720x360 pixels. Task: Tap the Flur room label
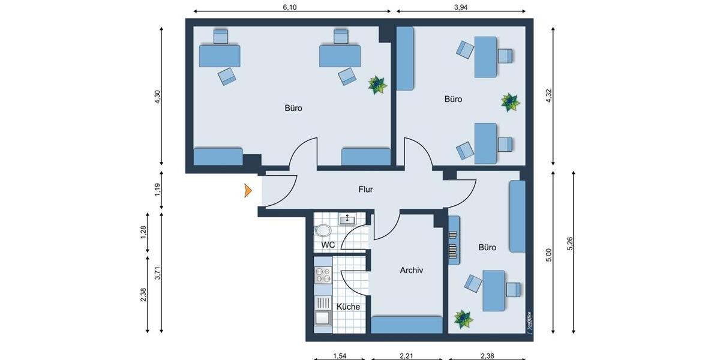[x=366, y=190]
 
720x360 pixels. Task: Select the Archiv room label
[x=412, y=271]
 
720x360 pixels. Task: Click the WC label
[x=328, y=245]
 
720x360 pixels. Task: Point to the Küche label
[x=348, y=307]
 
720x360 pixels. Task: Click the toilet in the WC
[x=323, y=230]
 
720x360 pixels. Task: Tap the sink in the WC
[x=347, y=220]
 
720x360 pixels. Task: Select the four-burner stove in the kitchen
[x=323, y=275]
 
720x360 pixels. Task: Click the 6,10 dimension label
[x=289, y=7]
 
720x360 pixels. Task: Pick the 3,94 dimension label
[x=460, y=7]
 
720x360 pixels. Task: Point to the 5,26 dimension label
[x=569, y=245]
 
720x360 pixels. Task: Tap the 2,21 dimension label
[x=407, y=356]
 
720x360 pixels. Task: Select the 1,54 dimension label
[x=340, y=356]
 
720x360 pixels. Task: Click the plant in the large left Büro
[x=377, y=85]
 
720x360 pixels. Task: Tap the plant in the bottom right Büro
[x=463, y=319]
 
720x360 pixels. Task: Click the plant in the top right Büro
[x=510, y=102]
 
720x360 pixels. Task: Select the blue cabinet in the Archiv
[x=407, y=325]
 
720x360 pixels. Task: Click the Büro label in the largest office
[x=293, y=109]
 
